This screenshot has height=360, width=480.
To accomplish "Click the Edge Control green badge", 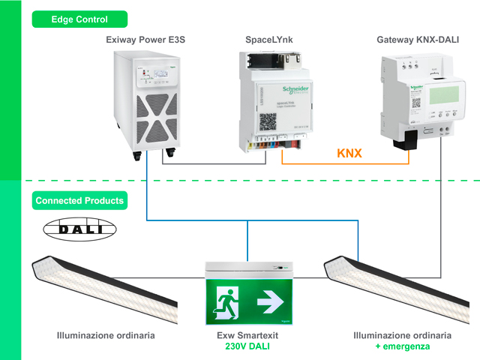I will point(79,19).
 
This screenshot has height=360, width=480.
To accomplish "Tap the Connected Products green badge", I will point(79,201).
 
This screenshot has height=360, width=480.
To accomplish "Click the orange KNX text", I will point(349,154).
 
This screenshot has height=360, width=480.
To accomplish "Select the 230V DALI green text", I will point(247,347).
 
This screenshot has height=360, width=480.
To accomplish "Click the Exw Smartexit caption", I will point(247,335).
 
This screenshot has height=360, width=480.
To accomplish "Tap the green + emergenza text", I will point(403,347).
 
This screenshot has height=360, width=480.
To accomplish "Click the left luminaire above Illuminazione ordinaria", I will point(105,288).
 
